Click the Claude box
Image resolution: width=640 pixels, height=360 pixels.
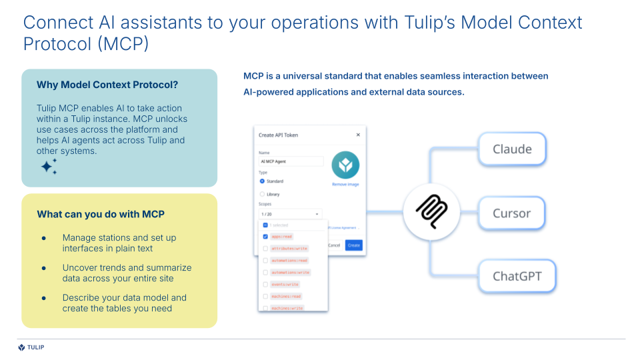[x=511, y=149]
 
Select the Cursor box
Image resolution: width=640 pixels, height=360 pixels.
[x=511, y=213]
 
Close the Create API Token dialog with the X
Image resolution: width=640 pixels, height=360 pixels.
[x=358, y=135]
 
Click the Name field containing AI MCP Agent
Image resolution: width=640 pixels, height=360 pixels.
[x=291, y=161]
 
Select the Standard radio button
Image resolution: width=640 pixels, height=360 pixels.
[x=263, y=181]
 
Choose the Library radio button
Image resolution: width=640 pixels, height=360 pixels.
[x=263, y=194]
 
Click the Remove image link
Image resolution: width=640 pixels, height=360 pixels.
[x=345, y=184]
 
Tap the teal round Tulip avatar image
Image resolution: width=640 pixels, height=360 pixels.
[x=345, y=165]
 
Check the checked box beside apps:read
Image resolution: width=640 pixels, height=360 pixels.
[x=265, y=237]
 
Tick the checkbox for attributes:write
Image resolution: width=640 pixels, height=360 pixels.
[x=265, y=249]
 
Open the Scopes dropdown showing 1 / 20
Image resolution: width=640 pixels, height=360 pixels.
[x=291, y=214]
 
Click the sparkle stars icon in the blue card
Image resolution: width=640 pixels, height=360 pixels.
[x=49, y=167]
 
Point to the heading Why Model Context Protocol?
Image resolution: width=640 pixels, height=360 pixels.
[x=107, y=85]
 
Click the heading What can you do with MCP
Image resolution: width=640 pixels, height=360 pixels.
[x=101, y=214]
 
